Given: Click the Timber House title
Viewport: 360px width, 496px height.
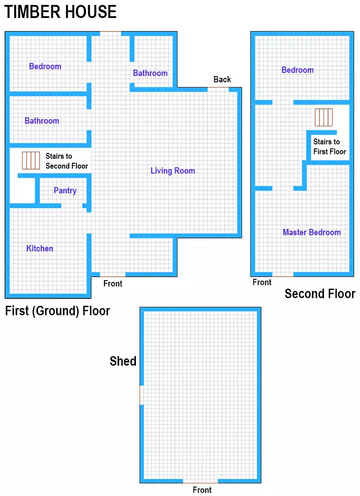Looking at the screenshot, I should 60,12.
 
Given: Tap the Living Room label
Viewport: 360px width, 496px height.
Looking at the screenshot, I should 173,171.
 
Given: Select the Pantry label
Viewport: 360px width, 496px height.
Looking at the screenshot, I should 65,191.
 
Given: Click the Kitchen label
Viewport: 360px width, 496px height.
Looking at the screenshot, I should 40,249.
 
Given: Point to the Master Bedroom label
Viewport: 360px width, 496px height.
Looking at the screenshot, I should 311,232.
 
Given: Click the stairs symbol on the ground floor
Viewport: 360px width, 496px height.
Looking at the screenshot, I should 31,161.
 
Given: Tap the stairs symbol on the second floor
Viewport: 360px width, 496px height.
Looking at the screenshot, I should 324,117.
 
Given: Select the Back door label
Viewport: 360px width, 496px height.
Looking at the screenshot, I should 222,80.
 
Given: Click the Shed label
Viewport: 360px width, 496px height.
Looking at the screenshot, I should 123,361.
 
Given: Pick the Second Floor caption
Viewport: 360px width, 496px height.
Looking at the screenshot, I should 320,294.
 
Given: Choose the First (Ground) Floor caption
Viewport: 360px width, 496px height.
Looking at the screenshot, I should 58,311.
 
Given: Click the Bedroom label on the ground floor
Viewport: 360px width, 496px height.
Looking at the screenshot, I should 45,67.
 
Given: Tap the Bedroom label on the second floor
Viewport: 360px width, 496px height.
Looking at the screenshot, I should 297,70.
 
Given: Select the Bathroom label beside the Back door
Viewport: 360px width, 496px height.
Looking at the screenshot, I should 150,73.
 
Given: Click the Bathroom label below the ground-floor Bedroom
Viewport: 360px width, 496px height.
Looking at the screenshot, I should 42,121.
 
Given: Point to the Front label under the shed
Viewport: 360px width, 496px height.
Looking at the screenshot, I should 202,490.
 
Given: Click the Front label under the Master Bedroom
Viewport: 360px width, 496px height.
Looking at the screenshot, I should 262,282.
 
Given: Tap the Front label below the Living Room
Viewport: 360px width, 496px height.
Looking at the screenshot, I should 112,284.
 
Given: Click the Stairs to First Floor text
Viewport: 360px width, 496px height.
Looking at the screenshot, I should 330,147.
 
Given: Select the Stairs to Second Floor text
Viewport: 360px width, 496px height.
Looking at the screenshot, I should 67,161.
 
